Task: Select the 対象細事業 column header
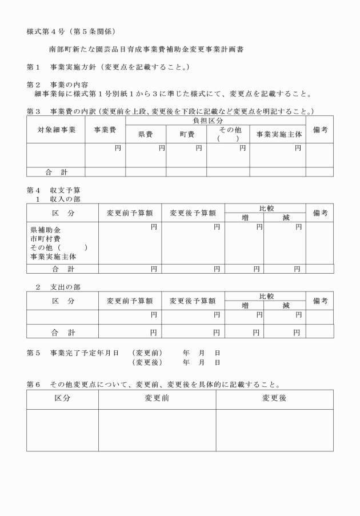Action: tap(56, 130)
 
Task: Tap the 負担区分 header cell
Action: tap(215, 121)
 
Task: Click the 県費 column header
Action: tap(146, 134)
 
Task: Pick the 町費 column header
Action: tap(186, 134)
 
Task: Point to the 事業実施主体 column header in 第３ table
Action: tap(277, 134)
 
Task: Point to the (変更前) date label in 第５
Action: tap(147, 352)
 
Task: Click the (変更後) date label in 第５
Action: tap(147, 362)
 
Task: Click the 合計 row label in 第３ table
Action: tap(56, 171)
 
